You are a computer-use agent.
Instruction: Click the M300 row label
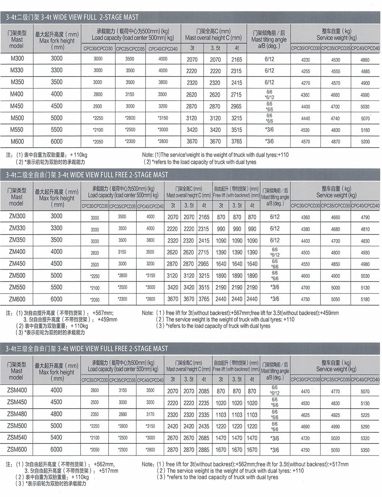pos(17,59)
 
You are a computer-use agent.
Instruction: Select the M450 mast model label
pos(17,106)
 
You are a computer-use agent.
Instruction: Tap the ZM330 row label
pos(17,228)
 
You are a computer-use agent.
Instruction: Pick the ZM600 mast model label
pos(17,299)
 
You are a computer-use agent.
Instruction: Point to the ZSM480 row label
pos(17,414)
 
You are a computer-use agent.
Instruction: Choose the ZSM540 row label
pos(17,437)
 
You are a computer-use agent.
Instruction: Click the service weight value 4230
pos(306,60)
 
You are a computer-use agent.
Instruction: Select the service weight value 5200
pos(365,142)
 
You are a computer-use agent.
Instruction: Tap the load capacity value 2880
pos(123,414)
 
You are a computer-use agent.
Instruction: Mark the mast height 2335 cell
pos(204,414)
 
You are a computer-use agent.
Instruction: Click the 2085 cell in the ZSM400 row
pos(204,391)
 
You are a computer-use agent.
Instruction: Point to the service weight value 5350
pos(365,450)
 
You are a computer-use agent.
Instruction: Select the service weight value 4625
pos(305,415)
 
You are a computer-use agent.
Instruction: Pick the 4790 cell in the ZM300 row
pos(365,217)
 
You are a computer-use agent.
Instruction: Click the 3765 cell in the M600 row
pos(236,141)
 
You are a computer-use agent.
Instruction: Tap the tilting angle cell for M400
pos(269,95)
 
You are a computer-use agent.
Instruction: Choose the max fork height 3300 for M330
pos(57,70)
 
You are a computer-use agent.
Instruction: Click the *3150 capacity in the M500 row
pos(163,118)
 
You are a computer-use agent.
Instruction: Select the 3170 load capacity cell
pos(150,414)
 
